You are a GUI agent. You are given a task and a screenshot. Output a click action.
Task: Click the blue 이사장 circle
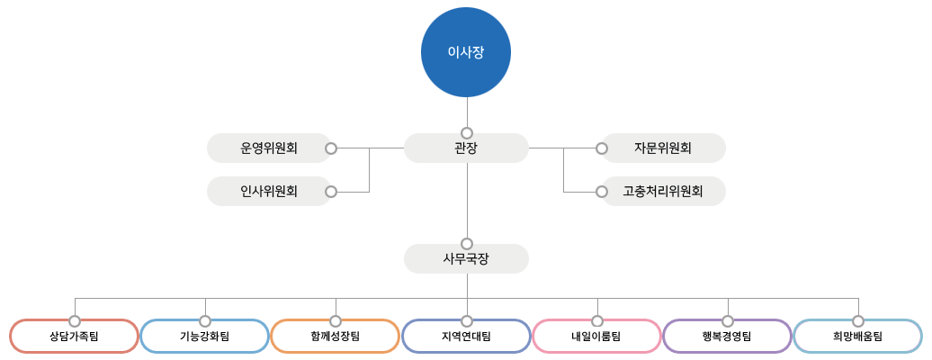(x=466, y=52)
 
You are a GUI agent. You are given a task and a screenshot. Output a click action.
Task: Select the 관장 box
(x=466, y=148)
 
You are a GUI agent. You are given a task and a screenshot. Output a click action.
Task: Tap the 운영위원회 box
(x=269, y=148)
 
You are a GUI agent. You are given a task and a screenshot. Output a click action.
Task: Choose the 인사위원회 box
(x=269, y=191)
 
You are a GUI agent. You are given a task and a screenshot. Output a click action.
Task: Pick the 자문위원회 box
(x=663, y=148)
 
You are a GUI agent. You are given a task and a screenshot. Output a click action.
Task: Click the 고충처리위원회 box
(x=663, y=191)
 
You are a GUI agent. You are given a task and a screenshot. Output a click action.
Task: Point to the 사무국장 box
(x=466, y=258)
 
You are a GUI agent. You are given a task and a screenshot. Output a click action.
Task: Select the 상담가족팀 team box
(x=74, y=337)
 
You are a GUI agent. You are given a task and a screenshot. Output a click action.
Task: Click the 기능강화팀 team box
(x=204, y=337)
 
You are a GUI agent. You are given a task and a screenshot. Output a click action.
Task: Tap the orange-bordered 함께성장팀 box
(x=335, y=337)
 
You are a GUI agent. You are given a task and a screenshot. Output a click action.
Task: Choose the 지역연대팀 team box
(x=466, y=337)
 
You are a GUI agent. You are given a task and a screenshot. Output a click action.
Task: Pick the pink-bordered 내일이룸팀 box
(x=596, y=337)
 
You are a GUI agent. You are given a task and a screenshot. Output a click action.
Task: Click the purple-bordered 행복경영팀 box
(x=727, y=337)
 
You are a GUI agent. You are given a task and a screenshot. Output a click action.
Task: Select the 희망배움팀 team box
(x=857, y=337)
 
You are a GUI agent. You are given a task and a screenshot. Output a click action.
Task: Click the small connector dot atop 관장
(x=466, y=132)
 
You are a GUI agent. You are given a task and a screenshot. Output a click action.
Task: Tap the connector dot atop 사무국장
(x=466, y=243)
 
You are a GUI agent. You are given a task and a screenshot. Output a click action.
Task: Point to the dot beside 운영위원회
(x=331, y=148)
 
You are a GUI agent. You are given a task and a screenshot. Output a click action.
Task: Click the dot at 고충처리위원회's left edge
(x=601, y=191)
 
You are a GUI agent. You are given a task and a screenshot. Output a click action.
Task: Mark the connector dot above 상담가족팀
(x=74, y=320)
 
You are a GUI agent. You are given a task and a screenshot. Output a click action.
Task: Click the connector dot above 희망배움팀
(x=857, y=320)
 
